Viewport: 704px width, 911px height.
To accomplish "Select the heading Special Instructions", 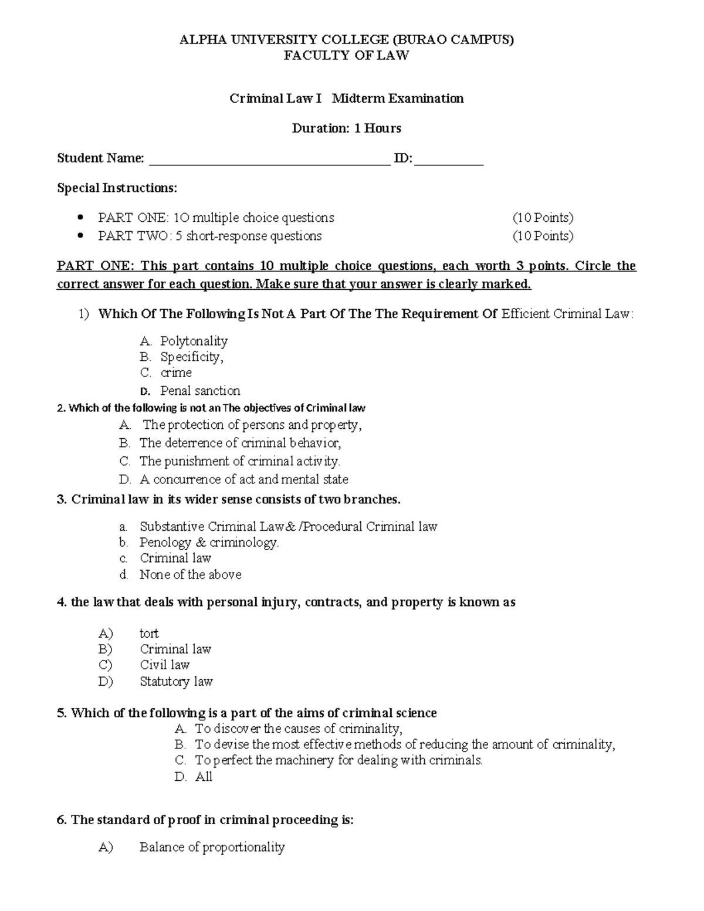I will point(117,188).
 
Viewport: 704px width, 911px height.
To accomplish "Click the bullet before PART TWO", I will point(81,236).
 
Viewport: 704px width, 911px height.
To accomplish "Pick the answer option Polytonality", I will point(194,341).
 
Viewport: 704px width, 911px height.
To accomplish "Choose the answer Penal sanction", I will point(200,391).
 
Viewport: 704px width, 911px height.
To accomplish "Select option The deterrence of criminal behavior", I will point(240,443).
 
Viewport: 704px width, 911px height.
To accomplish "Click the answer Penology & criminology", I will point(209,543).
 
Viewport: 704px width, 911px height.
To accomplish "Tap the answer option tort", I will point(149,634).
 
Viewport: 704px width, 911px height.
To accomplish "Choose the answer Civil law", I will point(164,665).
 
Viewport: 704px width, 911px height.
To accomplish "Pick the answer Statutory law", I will point(176,682).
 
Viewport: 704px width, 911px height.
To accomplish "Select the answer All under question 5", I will point(204,777).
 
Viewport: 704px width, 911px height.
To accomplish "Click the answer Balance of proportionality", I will point(212,847).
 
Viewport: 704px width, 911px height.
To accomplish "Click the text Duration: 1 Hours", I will point(347,128).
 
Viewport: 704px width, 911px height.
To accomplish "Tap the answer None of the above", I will point(190,575).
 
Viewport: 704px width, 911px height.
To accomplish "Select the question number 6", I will point(61,820).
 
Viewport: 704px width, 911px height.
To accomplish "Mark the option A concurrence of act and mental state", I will point(243,480).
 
